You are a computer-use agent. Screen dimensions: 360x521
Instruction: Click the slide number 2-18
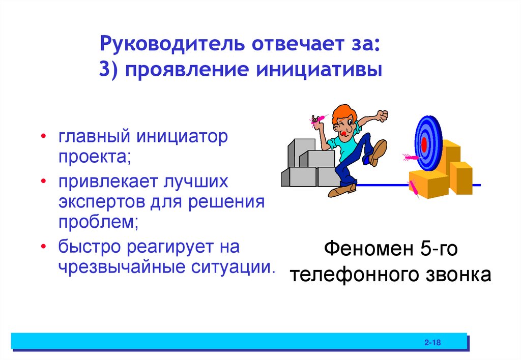pyautogui.click(x=432, y=343)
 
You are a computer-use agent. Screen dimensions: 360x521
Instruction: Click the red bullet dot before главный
pyautogui.click(x=44, y=138)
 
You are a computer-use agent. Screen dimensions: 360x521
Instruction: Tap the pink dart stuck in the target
pyautogui.click(x=409, y=157)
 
